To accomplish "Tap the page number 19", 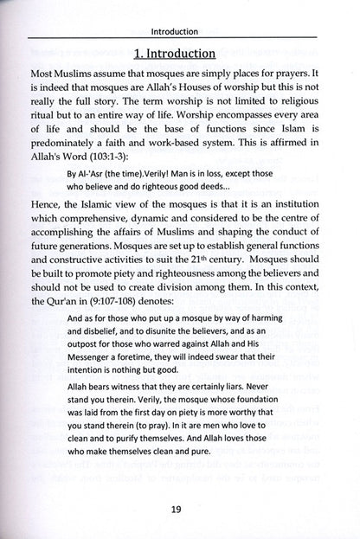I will coord(180,510).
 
